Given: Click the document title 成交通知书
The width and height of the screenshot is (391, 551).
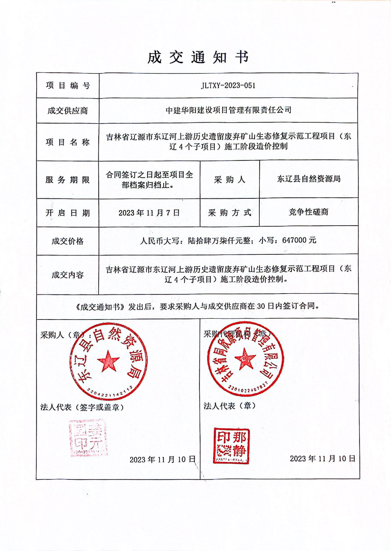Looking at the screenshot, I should click(x=198, y=57).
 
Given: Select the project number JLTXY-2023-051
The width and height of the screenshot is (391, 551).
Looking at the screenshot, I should click(x=228, y=86).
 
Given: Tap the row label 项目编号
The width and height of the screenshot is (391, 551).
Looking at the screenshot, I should click(x=68, y=86).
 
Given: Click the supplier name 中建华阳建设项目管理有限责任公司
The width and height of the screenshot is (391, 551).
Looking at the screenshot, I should click(x=228, y=110).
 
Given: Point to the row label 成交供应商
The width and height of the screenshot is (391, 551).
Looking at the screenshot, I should click(x=68, y=111).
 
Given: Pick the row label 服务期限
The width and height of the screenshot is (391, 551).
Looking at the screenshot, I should click(x=68, y=180).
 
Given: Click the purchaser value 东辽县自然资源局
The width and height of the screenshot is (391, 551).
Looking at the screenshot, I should click(x=309, y=179).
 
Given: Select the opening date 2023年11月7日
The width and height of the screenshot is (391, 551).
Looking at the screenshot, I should click(x=149, y=213).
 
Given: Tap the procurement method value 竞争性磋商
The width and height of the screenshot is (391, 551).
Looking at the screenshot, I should click(x=309, y=212).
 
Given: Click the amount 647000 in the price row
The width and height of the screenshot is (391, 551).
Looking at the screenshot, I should click(x=294, y=240).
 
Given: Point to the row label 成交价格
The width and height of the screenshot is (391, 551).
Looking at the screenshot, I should click(x=68, y=241).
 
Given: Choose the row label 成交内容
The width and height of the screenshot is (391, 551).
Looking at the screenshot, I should click(x=68, y=275).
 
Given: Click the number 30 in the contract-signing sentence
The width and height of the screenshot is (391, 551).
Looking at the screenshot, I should click(x=261, y=306).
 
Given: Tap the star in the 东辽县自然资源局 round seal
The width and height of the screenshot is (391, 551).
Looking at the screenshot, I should click(x=108, y=361).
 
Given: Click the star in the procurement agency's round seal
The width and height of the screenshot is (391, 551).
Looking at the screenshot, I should click(x=245, y=359).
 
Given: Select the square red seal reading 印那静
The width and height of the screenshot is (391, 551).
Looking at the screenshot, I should click(x=232, y=446).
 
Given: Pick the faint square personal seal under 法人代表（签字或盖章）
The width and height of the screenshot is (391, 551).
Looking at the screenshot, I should click(x=88, y=438).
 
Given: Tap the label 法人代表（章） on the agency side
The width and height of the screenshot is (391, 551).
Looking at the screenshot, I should click(x=229, y=406).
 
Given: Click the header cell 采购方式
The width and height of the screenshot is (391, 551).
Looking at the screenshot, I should click(x=229, y=213).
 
